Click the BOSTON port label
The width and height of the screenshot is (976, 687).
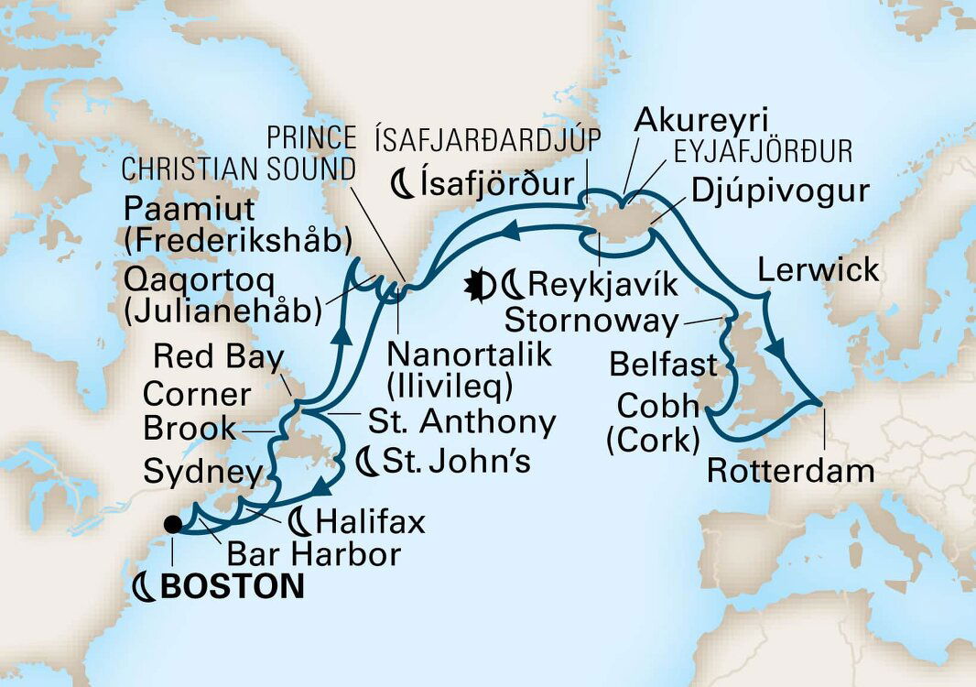click(x=232, y=587)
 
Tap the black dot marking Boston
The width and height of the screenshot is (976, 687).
click(x=171, y=525)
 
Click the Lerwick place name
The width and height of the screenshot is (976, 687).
click(x=818, y=270)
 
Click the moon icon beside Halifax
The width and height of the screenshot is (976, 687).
click(x=299, y=522)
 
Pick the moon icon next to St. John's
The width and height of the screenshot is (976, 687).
click(x=367, y=463)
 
